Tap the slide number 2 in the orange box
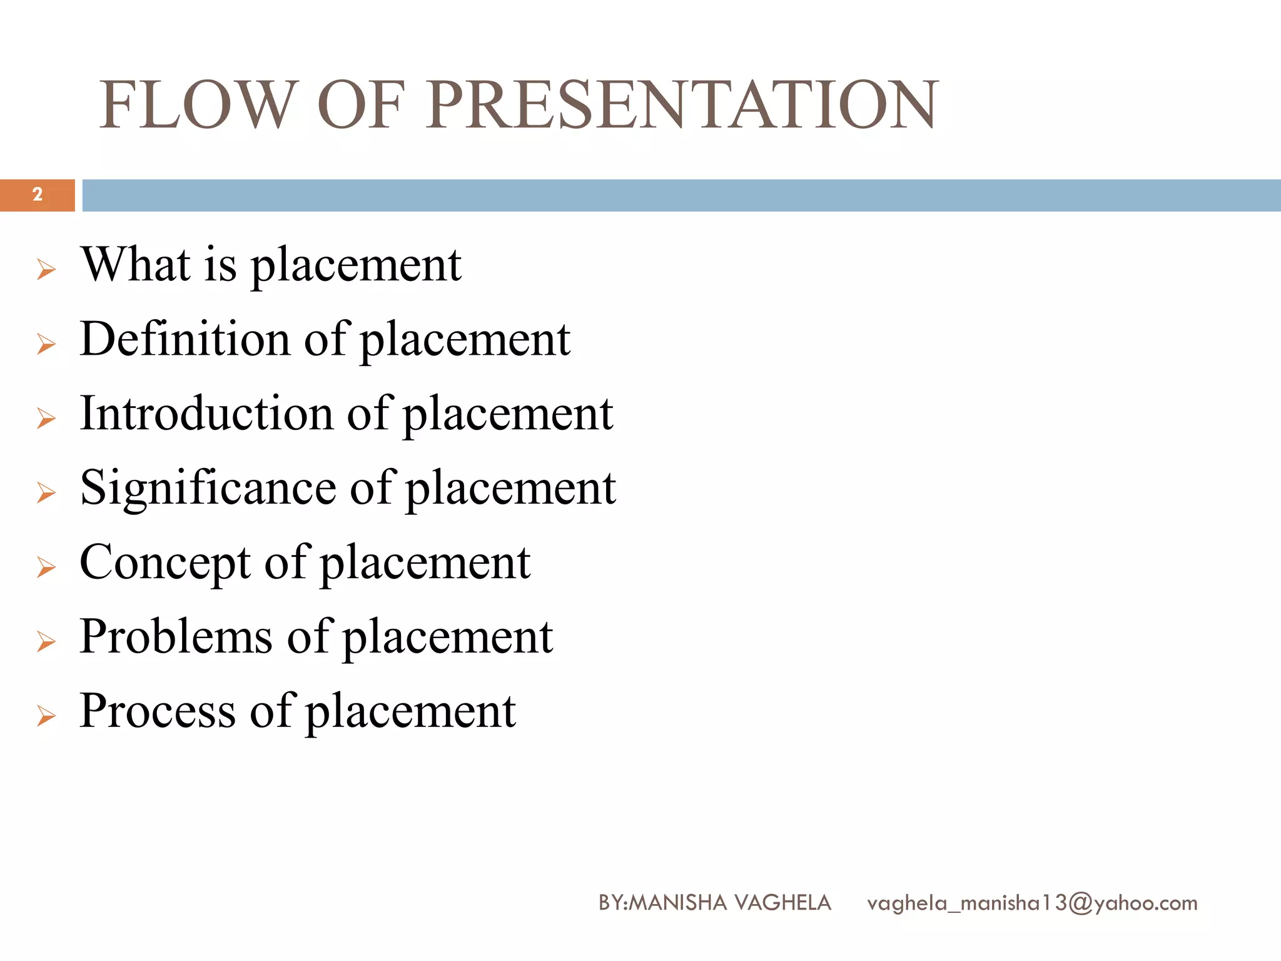coord(38,195)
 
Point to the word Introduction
coord(206,414)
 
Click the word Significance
coord(208,488)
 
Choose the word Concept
coord(165,562)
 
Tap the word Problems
coord(176,636)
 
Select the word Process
coord(158,711)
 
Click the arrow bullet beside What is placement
coord(46,270)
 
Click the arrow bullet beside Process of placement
coord(46,716)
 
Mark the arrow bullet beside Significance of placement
coord(46,493)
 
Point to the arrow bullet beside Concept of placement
coord(46,567)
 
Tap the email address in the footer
coord(1032,903)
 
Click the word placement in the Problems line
coord(448,637)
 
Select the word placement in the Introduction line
coord(507,414)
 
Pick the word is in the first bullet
coord(221,265)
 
